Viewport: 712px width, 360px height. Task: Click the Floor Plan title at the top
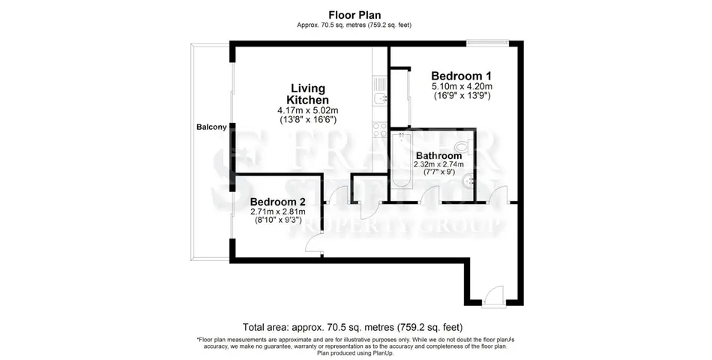(x=355, y=16)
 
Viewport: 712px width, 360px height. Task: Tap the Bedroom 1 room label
(x=462, y=76)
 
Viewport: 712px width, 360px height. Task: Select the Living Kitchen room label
(x=308, y=94)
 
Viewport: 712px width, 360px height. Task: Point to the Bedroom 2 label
(x=278, y=201)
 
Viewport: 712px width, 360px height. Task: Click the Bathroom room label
(x=439, y=156)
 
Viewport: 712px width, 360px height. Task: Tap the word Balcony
(x=211, y=127)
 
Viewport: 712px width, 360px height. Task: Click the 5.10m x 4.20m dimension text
(x=462, y=86)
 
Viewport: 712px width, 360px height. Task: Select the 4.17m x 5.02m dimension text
(x=308, y=110)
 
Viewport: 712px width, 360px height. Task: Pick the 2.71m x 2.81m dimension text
(x=278, y=211)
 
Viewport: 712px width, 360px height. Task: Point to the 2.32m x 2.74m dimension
(x=438, y=164)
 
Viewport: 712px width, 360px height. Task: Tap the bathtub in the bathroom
(x=402, y=159)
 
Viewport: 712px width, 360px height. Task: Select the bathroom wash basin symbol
(x=467, y=182)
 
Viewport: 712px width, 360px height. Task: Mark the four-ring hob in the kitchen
(x=379, y=130)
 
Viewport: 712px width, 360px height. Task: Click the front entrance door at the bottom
(x=494, y=297)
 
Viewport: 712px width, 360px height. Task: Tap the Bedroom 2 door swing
(x=314, y=243)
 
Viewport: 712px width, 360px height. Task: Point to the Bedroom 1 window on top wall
(x=488, y=43)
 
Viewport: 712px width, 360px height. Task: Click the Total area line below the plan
(x=353, y=327)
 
